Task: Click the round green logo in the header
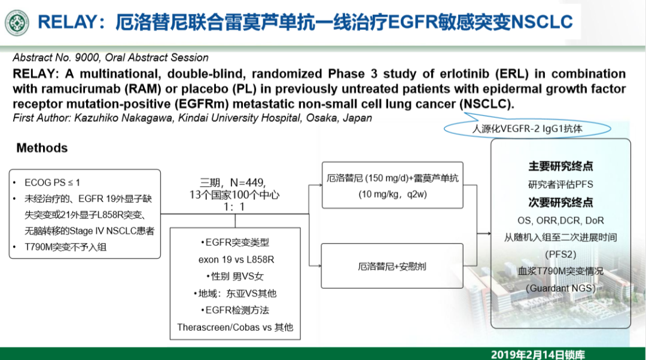17,23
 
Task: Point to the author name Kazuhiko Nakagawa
123,118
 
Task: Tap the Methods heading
42,148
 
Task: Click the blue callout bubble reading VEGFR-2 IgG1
528,129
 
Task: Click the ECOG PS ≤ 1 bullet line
52,182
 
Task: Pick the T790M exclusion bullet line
60,247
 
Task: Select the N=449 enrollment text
247,182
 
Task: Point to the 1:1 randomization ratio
234,207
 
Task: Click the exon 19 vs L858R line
236,260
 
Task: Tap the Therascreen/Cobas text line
235,328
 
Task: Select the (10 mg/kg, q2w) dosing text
392,194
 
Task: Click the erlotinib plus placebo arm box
392,266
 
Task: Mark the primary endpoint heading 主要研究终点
560,166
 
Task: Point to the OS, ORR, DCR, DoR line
560,221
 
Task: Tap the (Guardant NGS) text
560,288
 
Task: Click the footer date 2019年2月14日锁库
538,355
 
